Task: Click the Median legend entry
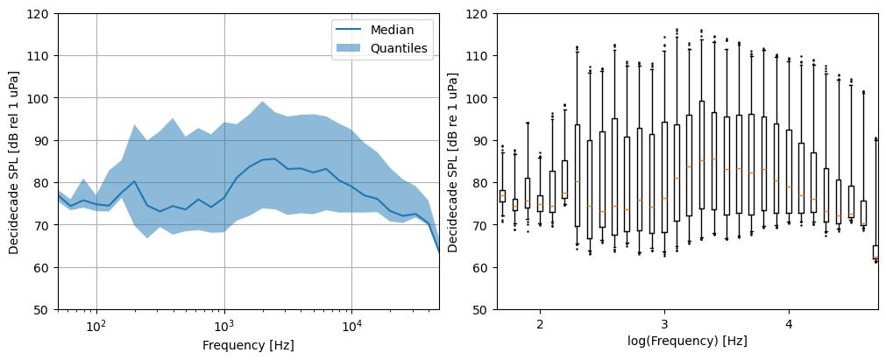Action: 392,30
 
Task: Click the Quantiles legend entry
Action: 400,48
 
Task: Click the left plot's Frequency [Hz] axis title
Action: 248,345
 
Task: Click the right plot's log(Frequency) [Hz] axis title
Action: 687,341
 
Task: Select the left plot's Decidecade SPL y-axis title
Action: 14,161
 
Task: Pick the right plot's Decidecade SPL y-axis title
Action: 453,161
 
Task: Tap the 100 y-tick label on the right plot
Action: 478,98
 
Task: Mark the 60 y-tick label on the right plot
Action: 482,268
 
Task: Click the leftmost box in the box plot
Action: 502,196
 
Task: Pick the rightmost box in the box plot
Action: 875,251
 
